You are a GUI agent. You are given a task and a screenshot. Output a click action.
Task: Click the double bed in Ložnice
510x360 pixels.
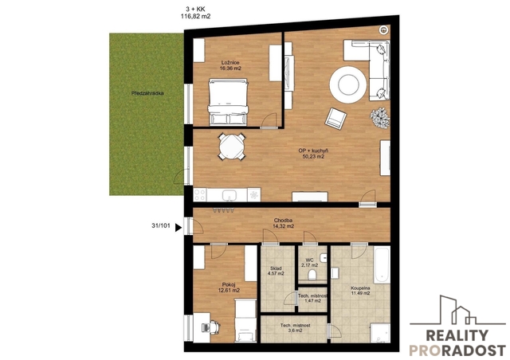point(229,102)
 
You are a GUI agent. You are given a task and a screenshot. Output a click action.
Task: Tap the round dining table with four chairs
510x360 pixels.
point(232,147)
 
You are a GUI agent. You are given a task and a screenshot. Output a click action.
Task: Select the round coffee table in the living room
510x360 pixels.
point(348,84)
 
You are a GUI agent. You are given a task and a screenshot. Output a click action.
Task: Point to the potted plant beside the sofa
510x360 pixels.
point(380,118)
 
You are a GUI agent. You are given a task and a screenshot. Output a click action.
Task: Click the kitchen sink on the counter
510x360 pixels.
point(229,195)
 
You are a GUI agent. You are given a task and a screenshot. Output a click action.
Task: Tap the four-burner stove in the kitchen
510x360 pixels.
point(200,195)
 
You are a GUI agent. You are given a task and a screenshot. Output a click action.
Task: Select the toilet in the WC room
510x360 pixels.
point(312,275)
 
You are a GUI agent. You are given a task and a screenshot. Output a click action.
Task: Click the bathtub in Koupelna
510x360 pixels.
point(382,265)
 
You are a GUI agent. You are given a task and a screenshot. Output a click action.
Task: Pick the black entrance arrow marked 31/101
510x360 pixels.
point(178,227)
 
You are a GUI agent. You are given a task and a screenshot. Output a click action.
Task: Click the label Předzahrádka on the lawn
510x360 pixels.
point(147,93)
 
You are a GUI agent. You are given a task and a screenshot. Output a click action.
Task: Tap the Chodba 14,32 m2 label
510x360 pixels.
point(284,223)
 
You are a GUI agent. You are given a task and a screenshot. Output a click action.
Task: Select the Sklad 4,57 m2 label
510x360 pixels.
point(276,271)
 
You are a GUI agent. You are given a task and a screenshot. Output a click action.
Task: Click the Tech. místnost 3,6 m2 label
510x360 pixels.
point(296,328)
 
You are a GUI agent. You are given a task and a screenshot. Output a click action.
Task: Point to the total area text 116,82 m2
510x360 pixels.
point(195,16)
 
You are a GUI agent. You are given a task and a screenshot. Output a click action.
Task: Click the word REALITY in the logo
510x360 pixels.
point(457,335)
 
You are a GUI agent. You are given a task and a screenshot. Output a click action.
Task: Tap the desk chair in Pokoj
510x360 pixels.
point(215,327)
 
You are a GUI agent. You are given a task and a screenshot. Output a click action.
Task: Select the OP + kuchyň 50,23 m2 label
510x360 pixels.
point(313,154)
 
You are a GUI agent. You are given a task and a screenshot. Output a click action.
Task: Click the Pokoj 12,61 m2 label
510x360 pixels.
point(229,288)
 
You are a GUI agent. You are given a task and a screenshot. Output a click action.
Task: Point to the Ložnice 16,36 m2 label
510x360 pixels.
point(230,65)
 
